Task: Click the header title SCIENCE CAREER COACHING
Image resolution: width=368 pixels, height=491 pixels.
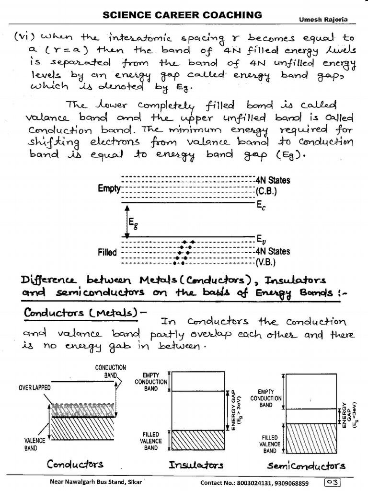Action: click(x=183, y=15)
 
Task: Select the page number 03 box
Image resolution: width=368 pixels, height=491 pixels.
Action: click(x=333, y=482)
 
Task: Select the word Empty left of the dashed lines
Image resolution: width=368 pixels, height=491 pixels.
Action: click(x=109, y=188)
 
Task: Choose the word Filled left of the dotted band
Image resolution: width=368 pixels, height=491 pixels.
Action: click(x=107, y=252)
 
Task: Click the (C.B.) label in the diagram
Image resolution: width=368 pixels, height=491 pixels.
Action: click(x=266, y=191)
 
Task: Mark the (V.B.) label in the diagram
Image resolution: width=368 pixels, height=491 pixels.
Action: click(x=266, y=262)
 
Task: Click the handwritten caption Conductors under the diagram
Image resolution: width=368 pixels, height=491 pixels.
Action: click(x=75, y=464)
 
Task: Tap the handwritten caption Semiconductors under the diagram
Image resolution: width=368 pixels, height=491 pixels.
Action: click(x=306, y=465)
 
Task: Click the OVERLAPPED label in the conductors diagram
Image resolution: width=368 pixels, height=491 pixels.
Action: click(x=35, y=387)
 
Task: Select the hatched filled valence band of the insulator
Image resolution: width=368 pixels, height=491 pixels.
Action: click(x=198, y=440)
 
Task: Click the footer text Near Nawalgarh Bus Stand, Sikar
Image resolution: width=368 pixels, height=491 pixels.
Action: click(x=93, y=483)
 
